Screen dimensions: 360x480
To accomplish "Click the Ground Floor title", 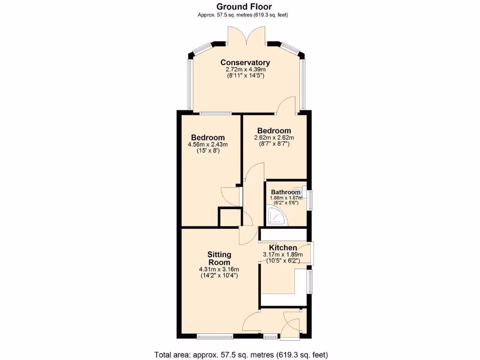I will click(244, 7).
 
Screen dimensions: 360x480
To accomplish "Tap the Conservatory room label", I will click(245, 62).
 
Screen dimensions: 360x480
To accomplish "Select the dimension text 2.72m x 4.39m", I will click(245, 69).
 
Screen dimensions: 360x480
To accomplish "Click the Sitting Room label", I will click(219, 258).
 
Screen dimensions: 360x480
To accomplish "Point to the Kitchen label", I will click(283, 247).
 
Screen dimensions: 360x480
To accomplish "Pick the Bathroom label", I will click(285, 192).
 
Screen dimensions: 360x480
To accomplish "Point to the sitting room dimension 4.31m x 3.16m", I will click(219, 269).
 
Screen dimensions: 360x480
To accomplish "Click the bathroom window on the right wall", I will click(309, 198).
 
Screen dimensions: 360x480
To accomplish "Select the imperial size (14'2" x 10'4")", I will click(219, 276).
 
